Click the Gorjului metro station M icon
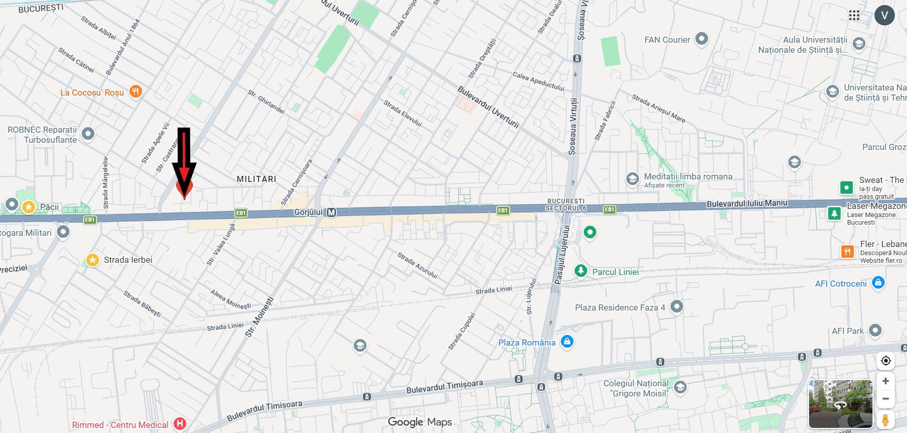pyautogui.click(x=331, y=212)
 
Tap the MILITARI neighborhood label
pyautogui.click(x=256, y=179)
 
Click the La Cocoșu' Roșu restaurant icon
pyautogui.click(x=136, y=91)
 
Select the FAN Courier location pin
pyautogui.click(x=701, y=39)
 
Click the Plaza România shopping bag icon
pyautogui.click(x=567, y=342)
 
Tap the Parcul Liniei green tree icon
pyautogui.click(x=581, y=271)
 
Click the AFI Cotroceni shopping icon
pyautogui.click(x=878, y=283)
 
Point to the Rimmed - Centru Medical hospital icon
pyautogui.click(x=179, y=423)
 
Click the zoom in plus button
pyautogui.click(x=886, y=381)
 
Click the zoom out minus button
pyautogui.click(x=886, y=399)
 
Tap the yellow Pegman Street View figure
pyautogui.click(x=886, y=420)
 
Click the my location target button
pyautogui.click(x=886, y=361)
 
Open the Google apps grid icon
pyautogui.click(x=854, y=15)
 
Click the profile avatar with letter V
pyautogui.click(x=884, y=15)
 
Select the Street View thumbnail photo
pyautogui.click(x=840, y=404)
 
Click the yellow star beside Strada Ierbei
pyautogui.click(x=92, y=260)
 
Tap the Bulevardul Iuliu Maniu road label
pyautogui.click(x=747, y=203)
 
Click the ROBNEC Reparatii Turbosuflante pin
pyautogui.click(x=88, y=134)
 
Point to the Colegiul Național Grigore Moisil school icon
pyautogui.click(x=680, y=387)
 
